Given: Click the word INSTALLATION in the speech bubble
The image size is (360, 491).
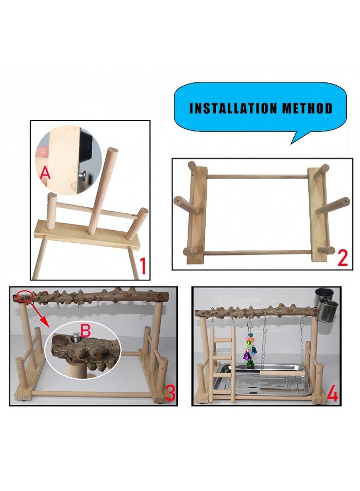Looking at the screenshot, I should point(233,108).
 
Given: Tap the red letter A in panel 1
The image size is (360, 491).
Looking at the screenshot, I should point(46,173).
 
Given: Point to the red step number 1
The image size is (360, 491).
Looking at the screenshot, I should point(143,267).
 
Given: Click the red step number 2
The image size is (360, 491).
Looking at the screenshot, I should point(343,257).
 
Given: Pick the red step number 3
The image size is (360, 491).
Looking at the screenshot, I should point(170,393).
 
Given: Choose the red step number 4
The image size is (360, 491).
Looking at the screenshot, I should point(333,394).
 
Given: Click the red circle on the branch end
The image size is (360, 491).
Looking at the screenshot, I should point(24,297).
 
